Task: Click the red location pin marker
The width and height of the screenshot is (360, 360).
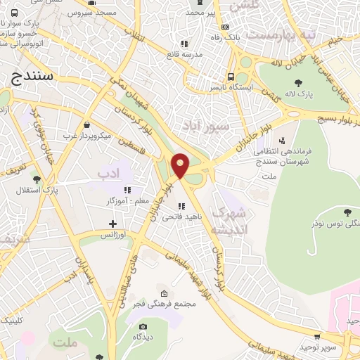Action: (181, 165)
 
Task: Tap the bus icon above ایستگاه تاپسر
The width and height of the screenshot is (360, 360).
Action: (231, 77)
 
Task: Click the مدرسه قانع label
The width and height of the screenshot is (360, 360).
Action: (183, 53)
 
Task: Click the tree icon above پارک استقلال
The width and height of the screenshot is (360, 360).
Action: (37, 179)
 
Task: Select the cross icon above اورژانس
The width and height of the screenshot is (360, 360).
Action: (111, 224)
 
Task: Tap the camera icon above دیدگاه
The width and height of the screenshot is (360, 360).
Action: (143, 326)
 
